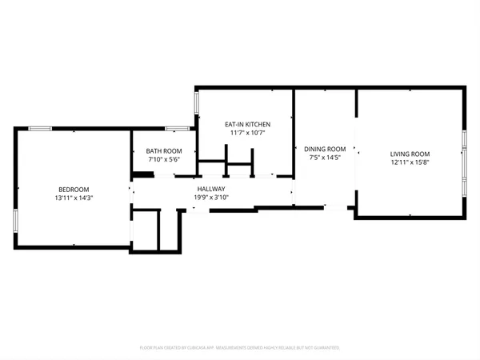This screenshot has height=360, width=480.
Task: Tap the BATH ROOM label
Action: (x=163, y=151)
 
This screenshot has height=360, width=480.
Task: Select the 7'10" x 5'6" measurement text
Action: (x=163, y=160)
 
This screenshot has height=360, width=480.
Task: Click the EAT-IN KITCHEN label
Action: (x=247, y=125)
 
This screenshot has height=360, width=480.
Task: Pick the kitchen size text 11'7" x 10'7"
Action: (x=247, y=134)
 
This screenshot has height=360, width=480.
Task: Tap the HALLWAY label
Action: (x=212, y=189)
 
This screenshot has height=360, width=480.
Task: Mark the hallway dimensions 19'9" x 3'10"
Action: (x=212, y=198)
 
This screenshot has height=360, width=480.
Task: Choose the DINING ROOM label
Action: (x=326, y=149)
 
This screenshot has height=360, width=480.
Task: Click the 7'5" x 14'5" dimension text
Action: (x=326, y=158)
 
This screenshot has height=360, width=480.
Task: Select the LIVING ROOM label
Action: (x=410, y=154)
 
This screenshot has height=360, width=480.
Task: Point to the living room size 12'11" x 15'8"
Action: (x=410, y=162)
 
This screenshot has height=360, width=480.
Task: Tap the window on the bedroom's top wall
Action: (x=40, y=128)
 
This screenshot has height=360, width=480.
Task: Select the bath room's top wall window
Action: (x=177, y=128)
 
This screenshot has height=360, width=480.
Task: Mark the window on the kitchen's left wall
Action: (x=197, y=104)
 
